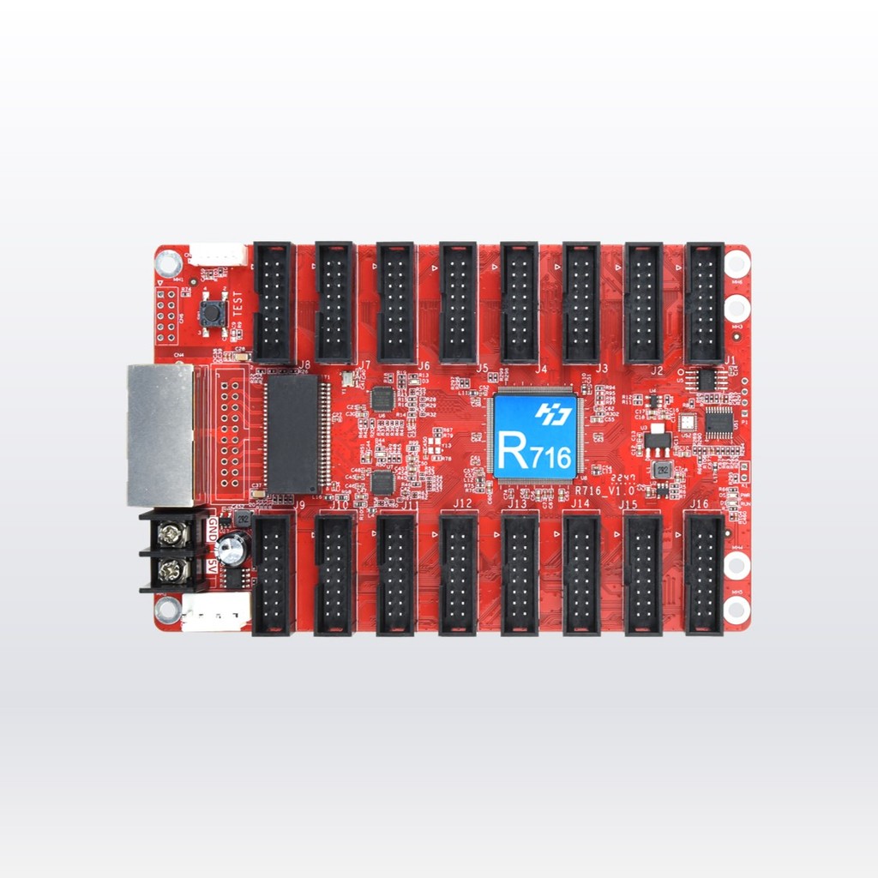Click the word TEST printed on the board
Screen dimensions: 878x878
tap(238, 304)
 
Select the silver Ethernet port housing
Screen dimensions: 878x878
tap(160, 435)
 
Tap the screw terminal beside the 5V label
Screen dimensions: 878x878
tap(173, 569)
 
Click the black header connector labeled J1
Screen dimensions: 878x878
tap(705, 303)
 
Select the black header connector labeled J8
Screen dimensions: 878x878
tap(274, 303)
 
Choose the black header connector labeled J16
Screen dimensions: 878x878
tap(705, 574)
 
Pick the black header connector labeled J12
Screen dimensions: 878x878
tap(458, 574)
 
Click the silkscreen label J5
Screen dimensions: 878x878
tap(482, 369)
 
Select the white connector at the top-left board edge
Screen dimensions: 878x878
tap(217, 255)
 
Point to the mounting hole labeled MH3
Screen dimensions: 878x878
tap(737, 308)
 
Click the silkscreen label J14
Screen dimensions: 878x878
tap(580, 504)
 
